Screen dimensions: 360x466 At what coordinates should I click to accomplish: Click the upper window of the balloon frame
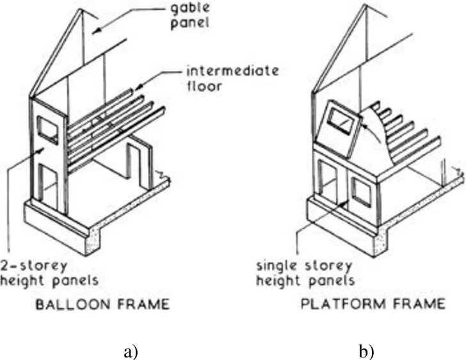47,130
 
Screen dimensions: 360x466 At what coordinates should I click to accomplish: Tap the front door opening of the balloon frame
47,186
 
